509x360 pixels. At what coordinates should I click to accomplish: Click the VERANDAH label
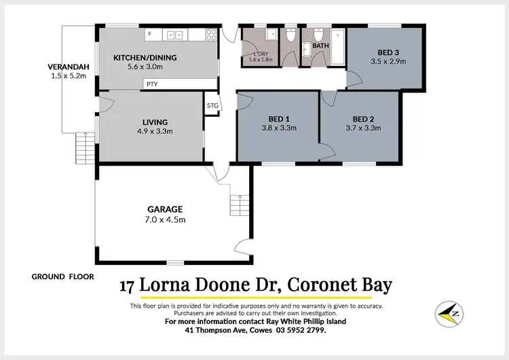(x=65, y=67)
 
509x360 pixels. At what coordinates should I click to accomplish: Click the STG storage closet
(x=212, y=105)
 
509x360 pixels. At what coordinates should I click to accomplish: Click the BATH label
(x=320, y=46)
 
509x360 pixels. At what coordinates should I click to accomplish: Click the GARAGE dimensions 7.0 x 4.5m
(x=166, y=219)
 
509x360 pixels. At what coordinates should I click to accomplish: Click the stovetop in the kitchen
(x=211, y=35)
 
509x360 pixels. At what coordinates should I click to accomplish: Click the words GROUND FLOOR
(x=62, y=276)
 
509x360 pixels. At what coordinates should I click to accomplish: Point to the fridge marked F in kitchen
(x=149, y=35)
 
